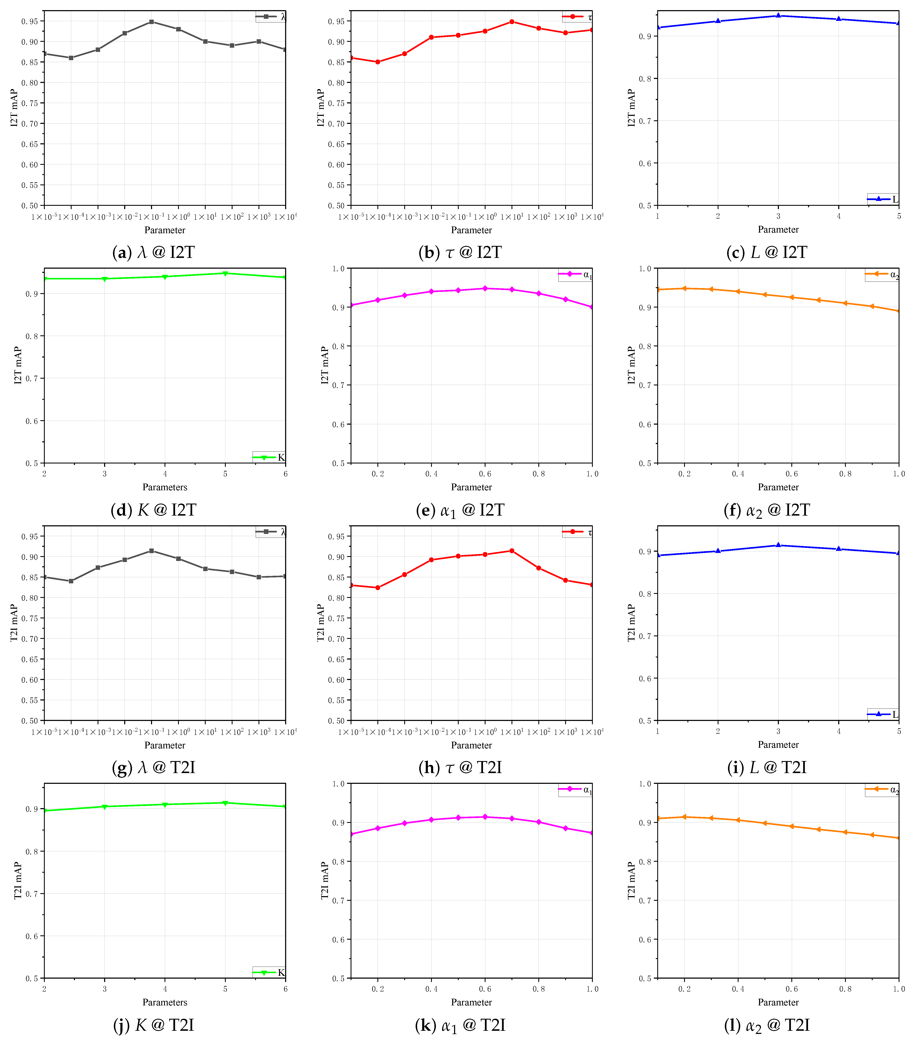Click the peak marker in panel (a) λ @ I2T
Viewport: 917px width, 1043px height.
tap(152, 22)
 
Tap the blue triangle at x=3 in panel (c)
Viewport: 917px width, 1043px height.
tap(778, 16)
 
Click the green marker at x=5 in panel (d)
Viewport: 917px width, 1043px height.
tap(225, 274)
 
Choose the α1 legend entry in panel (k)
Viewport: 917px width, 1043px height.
tap(576, 789)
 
